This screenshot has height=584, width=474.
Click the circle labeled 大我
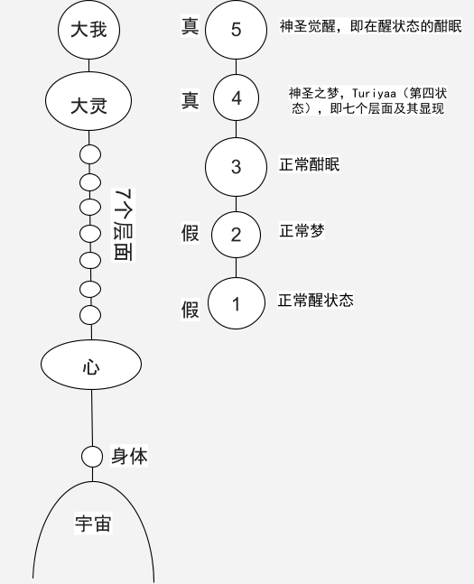88,29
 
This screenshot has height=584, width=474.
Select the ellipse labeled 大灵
88,101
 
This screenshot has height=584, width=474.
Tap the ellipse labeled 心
91,365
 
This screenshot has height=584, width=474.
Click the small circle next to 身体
92,456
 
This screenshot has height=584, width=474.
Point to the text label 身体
129,456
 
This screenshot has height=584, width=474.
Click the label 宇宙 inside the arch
93,524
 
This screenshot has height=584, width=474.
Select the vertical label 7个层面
124,225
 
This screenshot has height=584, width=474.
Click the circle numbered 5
236,29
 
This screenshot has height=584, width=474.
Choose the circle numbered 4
236,97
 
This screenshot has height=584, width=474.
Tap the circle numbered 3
236,167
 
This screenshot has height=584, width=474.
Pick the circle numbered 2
236,235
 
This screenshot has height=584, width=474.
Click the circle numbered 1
237,303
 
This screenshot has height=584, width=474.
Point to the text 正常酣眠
310,164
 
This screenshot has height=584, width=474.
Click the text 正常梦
302,231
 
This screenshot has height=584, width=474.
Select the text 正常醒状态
315,300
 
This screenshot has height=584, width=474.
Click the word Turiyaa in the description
374,93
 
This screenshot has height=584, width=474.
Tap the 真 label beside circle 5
190,26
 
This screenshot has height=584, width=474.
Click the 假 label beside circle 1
190,309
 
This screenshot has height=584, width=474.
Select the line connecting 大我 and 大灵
88,66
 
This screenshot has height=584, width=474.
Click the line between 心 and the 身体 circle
92,418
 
